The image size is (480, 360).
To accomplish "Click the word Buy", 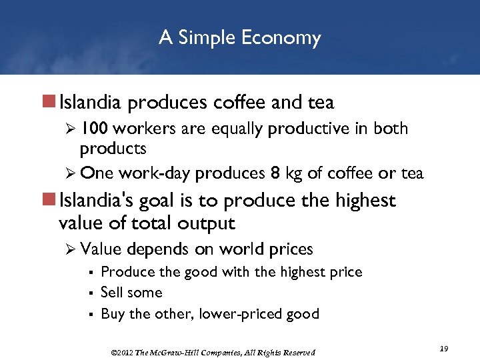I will click(x=112, y=313).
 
